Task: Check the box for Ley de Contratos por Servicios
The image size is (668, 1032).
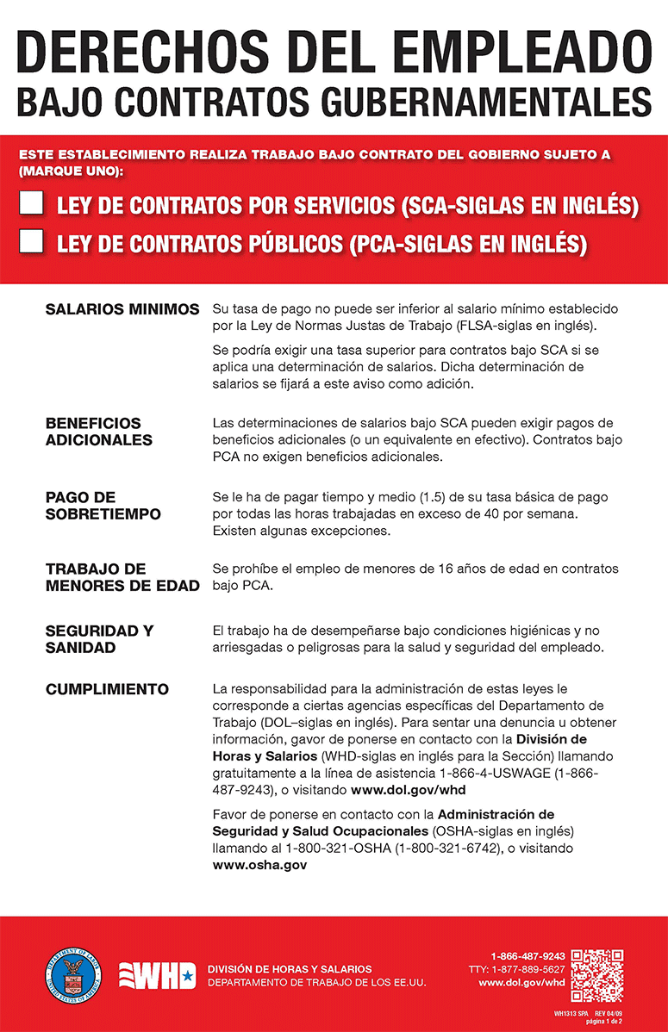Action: tap(32, 205)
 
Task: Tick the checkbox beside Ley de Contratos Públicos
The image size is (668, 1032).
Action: tap(32, 242)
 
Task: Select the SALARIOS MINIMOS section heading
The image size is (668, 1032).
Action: tap(122, 309)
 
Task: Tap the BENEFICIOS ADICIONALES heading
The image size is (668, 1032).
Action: tap(98, 432)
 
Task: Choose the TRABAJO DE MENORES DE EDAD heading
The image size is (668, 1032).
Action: tap(122, 578)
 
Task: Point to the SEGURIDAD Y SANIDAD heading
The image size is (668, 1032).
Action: tap(99, 639)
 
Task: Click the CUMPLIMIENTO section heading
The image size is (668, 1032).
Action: tap(107, 689)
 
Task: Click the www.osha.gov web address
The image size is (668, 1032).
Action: tap(259, 864)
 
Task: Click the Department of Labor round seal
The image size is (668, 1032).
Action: tap(71, 975)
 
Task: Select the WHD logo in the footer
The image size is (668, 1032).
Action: tap(157, 976)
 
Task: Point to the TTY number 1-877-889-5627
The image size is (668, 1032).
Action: tap(516, 969)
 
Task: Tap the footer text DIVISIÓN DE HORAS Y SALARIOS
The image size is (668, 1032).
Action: tap(290, 969)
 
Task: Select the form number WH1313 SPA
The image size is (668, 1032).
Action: tap(571, 1014)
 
